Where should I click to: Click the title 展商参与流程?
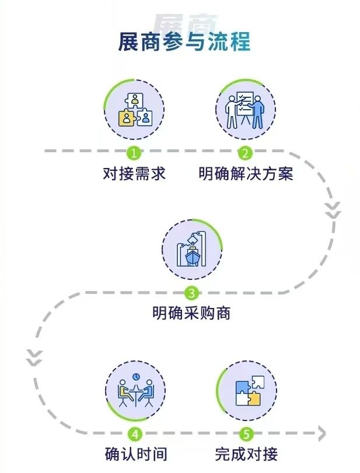pos(184,43)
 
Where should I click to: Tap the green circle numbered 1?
pos(134,153)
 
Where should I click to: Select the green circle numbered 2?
pos(245,153)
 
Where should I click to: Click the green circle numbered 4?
pos(135,433)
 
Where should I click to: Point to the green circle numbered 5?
pos(246,433)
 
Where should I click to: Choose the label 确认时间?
pos(135,453)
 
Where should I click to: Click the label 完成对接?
pos(246,453)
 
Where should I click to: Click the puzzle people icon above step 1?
pos(134,110)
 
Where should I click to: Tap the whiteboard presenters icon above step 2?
pos(246,109)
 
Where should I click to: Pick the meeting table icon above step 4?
pos(135,390)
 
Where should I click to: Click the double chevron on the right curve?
pos(333,210)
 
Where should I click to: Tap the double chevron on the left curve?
pos(34,358)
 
